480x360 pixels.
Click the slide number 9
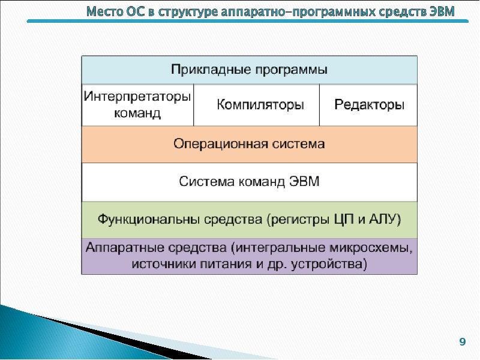click(462, 342)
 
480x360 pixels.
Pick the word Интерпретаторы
click(138, 96)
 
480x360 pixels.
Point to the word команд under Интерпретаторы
click(138, 113)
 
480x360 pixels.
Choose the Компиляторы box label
click(260, 104)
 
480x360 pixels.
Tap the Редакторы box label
click(369, 104)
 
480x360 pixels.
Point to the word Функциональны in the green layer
click(141, 219)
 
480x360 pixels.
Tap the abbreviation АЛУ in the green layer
click(386, 219)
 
